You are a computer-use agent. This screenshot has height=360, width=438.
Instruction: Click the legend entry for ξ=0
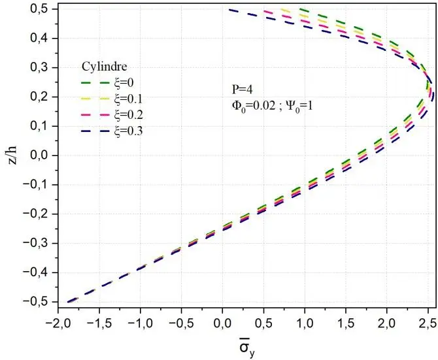pyautogui.click(x=114, y=83)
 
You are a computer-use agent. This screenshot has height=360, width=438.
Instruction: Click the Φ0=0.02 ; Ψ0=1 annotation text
pyautogui.click(x=267, y=103)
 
